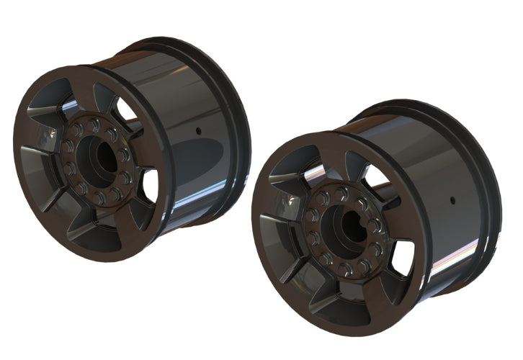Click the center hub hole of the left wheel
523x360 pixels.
pyautogui.click(x=100, y=159)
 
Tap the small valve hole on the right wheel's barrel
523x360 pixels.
pyautogui.click(x=450, y=198)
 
